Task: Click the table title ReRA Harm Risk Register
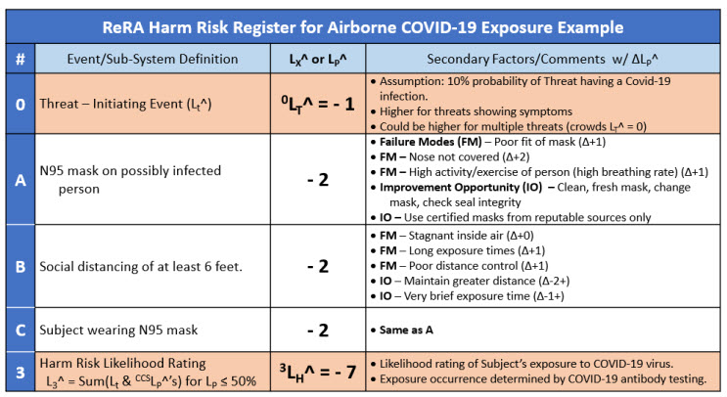pyautogui.click(x=363, y=25)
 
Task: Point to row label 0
pyautogui.click(x=20, y=103)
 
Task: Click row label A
pyautogui.click(x=20, y=180)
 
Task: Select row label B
pyautogui.click(x=20, y=265)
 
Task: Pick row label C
pyautogui.click(x=20, y=329)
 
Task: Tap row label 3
pyautogui.click(x=20, y=372)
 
